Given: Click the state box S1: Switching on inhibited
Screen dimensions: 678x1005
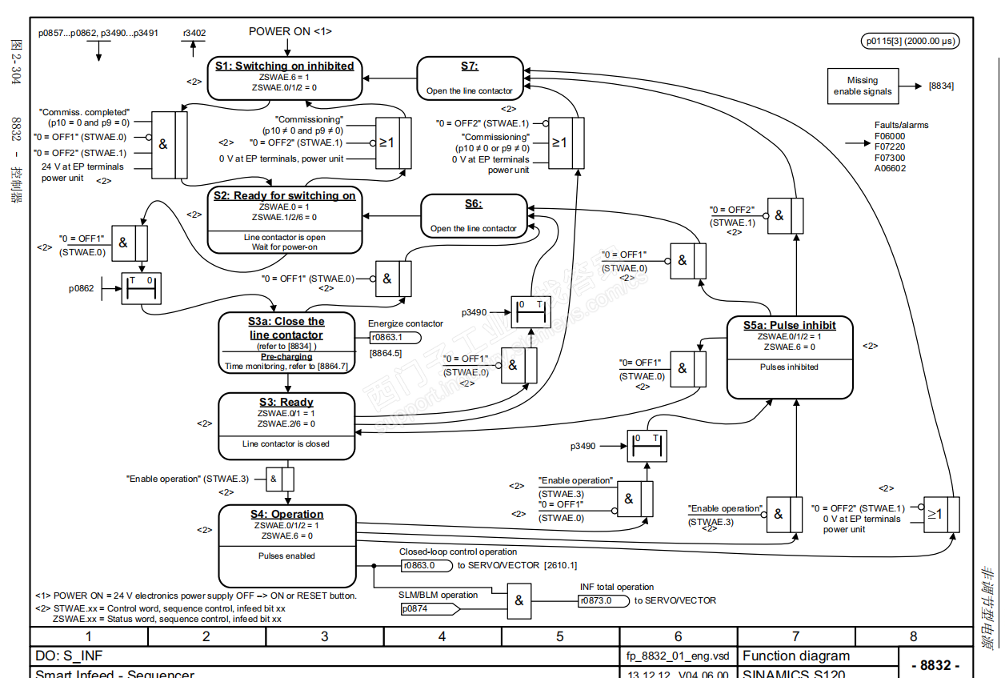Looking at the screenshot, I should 284,77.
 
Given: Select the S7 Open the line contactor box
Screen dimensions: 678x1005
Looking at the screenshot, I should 470,78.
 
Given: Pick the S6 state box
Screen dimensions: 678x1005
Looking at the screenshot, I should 474,216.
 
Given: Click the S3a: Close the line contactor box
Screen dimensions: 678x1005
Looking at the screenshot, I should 286,343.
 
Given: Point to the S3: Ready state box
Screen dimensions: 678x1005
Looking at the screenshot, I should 286,426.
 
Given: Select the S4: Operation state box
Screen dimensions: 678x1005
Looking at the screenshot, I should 287,545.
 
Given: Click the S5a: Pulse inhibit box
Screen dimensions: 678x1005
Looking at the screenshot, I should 789,357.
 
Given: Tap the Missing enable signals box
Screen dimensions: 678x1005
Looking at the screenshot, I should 862,86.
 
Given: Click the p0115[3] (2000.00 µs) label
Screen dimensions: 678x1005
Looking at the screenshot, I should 910,41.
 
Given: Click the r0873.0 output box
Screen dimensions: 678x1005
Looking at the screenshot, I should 603,600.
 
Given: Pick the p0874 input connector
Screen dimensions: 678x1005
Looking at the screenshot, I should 428,609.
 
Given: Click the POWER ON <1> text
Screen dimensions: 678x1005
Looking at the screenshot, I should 290,31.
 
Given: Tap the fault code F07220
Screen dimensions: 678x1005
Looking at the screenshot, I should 890,147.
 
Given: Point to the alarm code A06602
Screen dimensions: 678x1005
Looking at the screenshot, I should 890,169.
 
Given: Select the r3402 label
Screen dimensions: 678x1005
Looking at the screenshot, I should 194,34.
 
